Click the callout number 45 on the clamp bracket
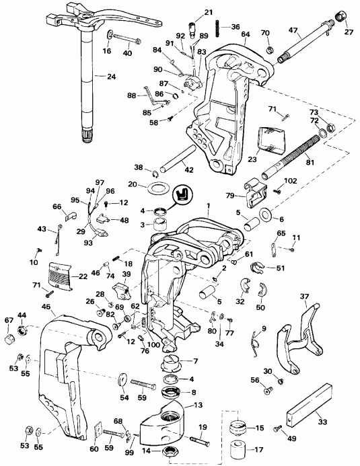point(46,307)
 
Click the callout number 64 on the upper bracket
point(245,34)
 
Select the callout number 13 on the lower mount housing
point(198,405)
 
